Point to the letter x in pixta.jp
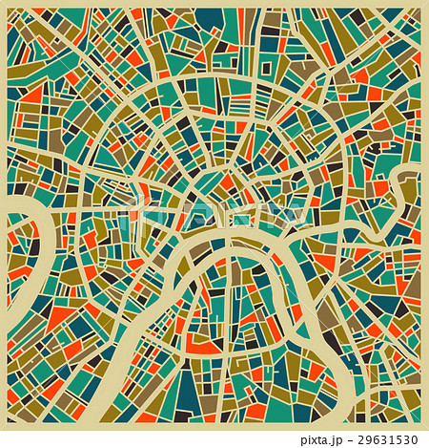tap(316, 439)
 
